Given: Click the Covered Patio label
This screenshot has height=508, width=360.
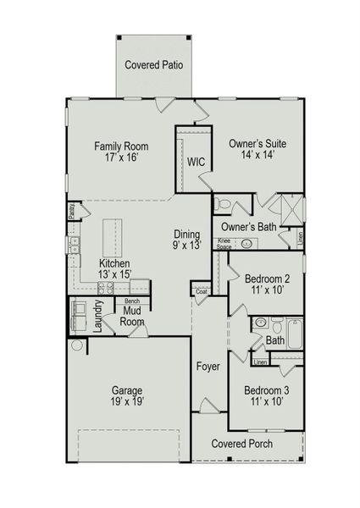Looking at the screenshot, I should tap(154, 64).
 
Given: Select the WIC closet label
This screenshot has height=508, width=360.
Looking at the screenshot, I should tap(196, 161).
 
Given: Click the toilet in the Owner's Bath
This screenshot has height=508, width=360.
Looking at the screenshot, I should tap(223, 203).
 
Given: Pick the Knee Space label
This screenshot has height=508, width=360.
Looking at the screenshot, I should tap(224, 243).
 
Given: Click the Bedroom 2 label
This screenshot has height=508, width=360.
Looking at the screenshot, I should tap(268, 279).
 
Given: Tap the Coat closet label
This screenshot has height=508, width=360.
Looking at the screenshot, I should tap(201, 291).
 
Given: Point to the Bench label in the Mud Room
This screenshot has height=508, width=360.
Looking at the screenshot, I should tap(132, 301).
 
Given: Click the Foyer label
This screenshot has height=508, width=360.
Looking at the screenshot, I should tap(208, 367).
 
